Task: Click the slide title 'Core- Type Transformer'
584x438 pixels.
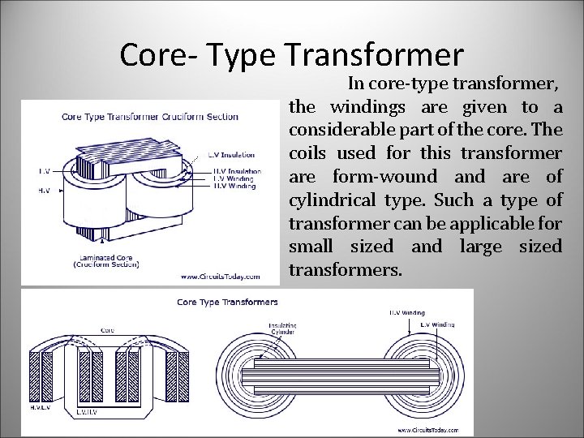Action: (x=292, y=54)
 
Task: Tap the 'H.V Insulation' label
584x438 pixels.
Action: (x=237, y=171)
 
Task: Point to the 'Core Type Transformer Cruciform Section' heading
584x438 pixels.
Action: (x=150, y=117)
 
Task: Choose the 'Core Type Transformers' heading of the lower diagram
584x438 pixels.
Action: (x=227, y=303)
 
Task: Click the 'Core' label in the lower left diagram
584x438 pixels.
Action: (x=107, y=330)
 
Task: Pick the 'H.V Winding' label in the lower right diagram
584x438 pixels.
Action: (x=405, y=311)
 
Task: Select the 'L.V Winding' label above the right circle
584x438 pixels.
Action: (x=437, y=324)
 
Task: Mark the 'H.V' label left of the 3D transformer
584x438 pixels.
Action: (x=45, y=191)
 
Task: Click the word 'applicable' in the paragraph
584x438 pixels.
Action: (x=480, y=223)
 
